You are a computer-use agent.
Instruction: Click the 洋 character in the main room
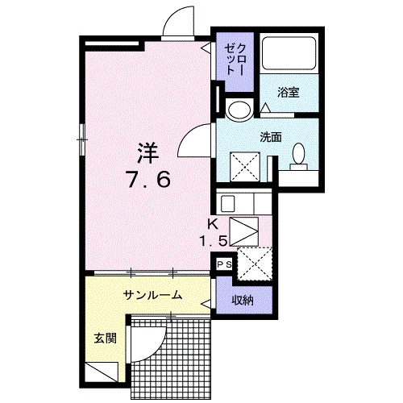coord(147,152)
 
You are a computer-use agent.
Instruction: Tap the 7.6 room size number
coord(147,181)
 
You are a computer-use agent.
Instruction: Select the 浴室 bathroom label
coord(289,92)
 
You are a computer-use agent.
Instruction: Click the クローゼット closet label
coord(234,56)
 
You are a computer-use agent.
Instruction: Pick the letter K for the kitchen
coord(214,225)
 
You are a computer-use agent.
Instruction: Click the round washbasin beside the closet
coord(239,110)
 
